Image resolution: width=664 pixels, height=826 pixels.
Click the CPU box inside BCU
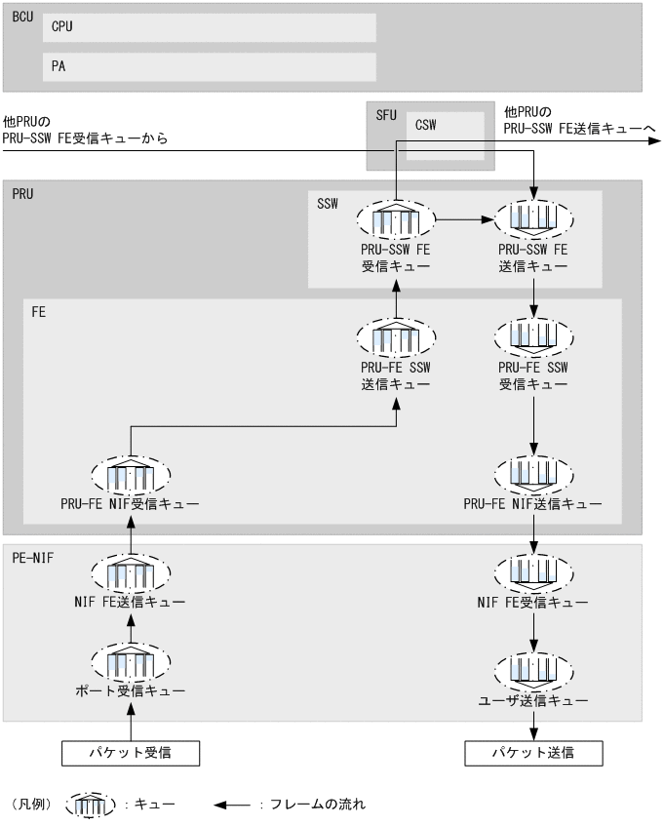click(x=209, y=27)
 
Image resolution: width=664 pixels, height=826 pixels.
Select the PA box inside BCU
click(x=209, y=66)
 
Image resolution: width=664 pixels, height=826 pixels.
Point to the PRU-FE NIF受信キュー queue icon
click(x=131, y=475)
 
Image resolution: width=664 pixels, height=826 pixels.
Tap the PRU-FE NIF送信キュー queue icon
click(x=533, y=475)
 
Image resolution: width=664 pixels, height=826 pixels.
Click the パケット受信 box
click(x=131, y=752)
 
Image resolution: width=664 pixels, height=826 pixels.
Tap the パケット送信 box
click(x=533, y=752)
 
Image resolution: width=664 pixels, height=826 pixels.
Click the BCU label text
click(x=21, y=16)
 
